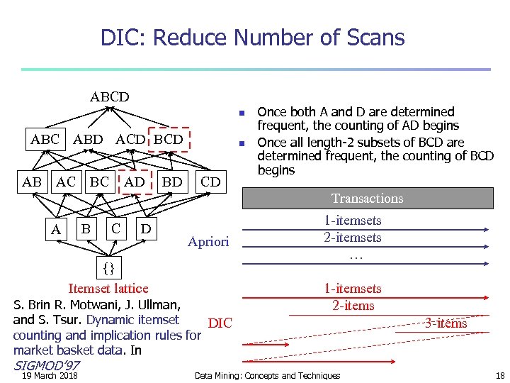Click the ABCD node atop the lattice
pyautogui.click(x=109, y=96)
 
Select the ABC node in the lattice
pyautogui.click(x=45, y=139)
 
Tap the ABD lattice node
pyautogui.click(x=88, y=139)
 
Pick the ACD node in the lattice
pyautogui.click(x=131, y=139)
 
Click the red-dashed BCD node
pyautogui.click(x=169, y=139)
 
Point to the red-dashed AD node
pyautogui.click(x=135, y=182)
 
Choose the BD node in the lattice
pyautogui.click(x=172, y=182)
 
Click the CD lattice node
pyautogui.click(x=210, y=182)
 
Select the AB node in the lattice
pyautogui.click(x=32, y=182)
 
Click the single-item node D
pyautogui.click(x=145, y=229)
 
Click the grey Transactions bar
pyautogui.click(x=368, y=199)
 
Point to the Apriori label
pyautogui.click(x=208, y=242)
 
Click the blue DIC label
pyautogui.click(x=220, y=323)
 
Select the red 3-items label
pyautogui.click(x=446, y=323)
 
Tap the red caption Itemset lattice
pyautogui.click(x=108, y=288)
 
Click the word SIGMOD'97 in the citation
pyautogui.click(x=46, y=365)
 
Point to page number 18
pyautogui.click(x=500, y=376)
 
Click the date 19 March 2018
pyautogui.click(x=50, y=376)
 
